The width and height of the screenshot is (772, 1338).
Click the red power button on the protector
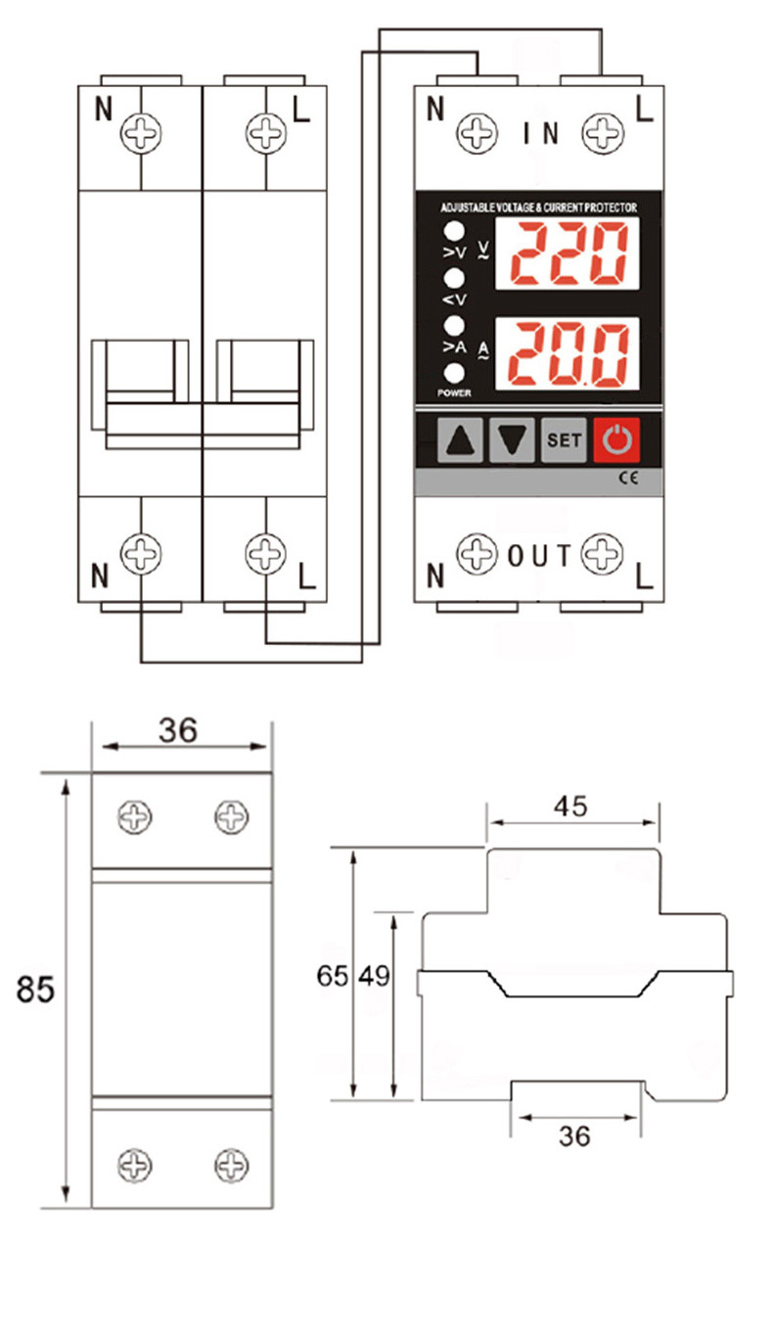pos(616,439)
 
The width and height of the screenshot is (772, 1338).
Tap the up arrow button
pos(460,440)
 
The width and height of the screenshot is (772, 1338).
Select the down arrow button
pos(512,440)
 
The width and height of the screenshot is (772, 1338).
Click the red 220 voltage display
pos(568,254)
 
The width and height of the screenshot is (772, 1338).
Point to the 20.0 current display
pos(568,353)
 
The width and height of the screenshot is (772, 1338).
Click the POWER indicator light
pos(454,373)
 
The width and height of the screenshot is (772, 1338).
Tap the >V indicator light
pos(454,231)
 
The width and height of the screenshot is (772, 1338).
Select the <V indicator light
pos(454,278)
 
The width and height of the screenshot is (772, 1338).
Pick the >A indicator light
pos(454,325)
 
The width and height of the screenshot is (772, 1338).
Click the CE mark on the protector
pos(628,478)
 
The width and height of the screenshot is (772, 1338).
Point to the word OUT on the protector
pos(539,556)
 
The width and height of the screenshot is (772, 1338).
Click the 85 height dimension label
pos(35,989)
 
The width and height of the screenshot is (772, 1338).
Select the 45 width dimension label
pos(570,807)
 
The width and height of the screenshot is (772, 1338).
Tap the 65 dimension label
pos(333,976)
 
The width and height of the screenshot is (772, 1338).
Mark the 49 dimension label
pos(375,976)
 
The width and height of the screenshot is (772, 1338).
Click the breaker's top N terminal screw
pos(141,132)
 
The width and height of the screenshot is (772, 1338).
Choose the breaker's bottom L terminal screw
pos(266,554)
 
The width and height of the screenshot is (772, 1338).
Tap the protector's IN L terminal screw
pos(603,132)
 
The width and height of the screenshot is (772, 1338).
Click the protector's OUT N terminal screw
pos(477,553)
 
